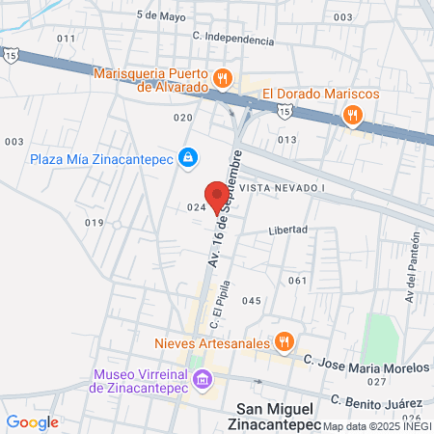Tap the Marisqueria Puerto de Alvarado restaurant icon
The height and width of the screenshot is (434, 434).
pyautogui.click(x=223, y=76)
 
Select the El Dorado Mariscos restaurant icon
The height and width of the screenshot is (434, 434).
pyautogui.click(x=353, y=116)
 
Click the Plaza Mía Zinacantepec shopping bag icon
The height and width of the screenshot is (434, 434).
pyautogui.click(x=189, y=155)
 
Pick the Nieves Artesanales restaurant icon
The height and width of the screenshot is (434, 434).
pyautogui.click(x=284, y=340)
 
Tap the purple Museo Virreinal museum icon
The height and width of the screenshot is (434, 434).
pyautogui.click(x=202, y=378)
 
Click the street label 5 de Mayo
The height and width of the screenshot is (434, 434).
pyautogui.click(x=160, y=15)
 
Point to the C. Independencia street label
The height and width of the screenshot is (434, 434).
pyautogui.click(x=232, y=38)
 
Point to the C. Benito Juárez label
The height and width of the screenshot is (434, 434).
pyautogui.click(x=377, y=396)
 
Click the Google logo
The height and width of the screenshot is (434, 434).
pyautogui.click(x=32, y=421)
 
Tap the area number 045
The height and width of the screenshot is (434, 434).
pyautogui.click(x=252, y=301)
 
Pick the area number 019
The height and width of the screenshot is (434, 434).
pyautogui.click(x=94, y=223)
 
